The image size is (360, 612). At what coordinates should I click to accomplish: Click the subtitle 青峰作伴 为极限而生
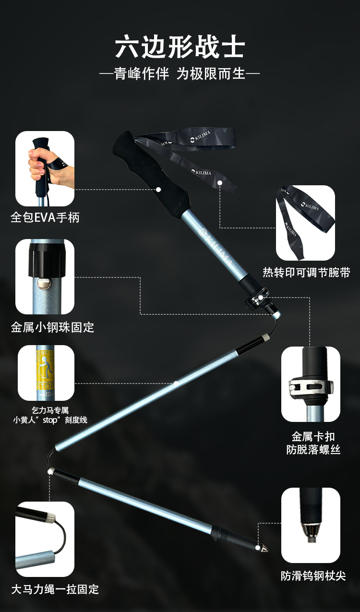tap(180, 74)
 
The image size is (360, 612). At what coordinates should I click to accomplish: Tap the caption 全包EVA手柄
tap(45, 217)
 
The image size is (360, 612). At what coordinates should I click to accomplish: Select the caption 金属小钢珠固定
tap(52, 327)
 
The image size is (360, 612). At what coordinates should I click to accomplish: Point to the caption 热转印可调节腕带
tap(306, 273)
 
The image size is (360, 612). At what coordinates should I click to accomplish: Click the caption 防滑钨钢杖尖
tap(313, 576)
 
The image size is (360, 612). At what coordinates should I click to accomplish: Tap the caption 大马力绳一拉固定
tap(55, 589)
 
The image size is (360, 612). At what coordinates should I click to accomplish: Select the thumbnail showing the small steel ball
tap(45, 276)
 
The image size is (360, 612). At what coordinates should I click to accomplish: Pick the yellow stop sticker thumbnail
tap(46, 373)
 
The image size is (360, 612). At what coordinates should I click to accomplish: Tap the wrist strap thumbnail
tap(305, 223)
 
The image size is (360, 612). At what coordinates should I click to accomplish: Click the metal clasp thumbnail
tap(311, 384)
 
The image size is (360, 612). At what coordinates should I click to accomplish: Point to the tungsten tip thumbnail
tap(311, 525)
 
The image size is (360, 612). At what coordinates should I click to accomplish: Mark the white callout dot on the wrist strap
tap(220, 182)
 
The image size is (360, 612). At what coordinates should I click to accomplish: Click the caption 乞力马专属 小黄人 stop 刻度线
tap(50, 415)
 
